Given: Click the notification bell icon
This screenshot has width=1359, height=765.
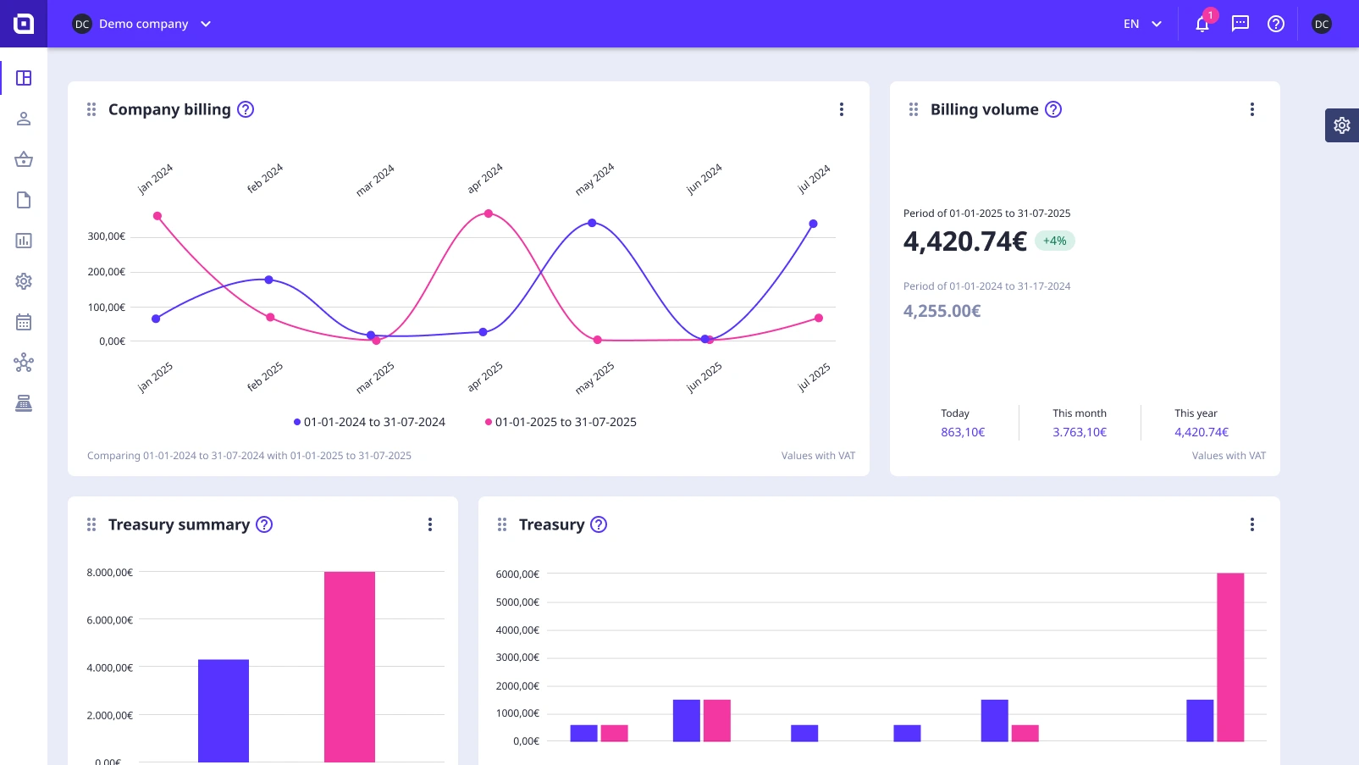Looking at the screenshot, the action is click(1202, 24).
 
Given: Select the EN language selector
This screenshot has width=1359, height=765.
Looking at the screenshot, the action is click(1142, 24).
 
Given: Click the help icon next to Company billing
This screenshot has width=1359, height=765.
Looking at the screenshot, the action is click(246, 109).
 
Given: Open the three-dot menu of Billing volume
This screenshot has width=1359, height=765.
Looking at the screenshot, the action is click(1251, 109).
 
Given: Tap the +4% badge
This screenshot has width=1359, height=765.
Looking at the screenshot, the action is click(1054, 241).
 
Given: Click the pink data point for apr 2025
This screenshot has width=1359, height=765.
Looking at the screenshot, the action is click(489, 213).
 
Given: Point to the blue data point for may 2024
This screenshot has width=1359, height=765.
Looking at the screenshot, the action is click(592, 223).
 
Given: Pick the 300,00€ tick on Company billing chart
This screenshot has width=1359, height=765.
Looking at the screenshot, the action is click(107, 236).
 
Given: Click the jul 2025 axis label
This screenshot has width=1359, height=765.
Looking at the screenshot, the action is click(814, 377).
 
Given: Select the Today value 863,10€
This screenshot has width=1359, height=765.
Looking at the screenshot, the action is click(963, 432).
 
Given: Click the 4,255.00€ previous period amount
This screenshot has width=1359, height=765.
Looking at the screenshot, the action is click(942, 311).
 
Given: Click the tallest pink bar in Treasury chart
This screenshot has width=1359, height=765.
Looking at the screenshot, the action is click(1230, 657).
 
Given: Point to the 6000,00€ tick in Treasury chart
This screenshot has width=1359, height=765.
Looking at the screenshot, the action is click(517, 574).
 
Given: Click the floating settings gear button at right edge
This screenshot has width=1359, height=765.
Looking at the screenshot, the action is click(1341, 125).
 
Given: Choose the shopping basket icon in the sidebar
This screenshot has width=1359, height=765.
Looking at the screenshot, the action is click(24, 159).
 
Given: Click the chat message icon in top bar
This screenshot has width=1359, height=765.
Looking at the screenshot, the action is click(1240, 24).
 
